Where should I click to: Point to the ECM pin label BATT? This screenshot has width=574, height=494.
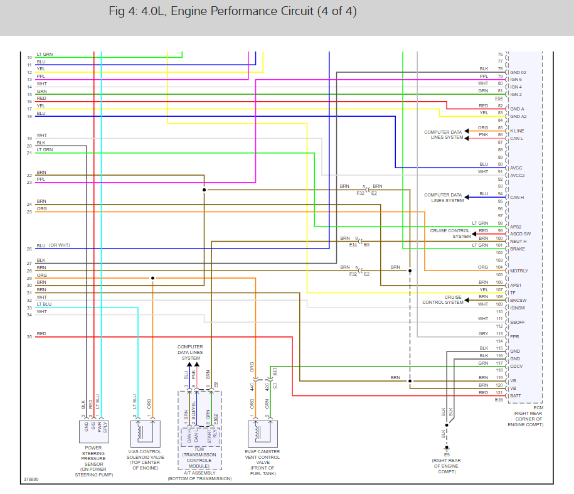click(515, 395)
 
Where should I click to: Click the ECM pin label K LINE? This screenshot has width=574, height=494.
click(518, 131)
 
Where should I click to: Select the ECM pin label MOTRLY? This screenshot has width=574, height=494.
click(519, 271)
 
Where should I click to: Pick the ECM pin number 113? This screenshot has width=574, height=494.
click(499, 333)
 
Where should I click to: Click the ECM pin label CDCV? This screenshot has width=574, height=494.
click(516, 366)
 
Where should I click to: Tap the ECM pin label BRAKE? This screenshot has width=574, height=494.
click(518, 249)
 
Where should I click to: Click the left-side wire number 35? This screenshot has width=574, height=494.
click(29, 337)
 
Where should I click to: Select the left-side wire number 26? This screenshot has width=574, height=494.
click(29, 249)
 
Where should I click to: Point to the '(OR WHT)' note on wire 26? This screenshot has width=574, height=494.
click(60, 245)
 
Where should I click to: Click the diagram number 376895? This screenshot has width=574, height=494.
click(31, 480)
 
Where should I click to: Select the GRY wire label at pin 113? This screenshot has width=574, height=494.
click(483, 333)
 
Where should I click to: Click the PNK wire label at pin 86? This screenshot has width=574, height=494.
click(483, 134)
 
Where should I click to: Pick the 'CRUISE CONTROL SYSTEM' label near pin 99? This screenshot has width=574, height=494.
click(449, 234)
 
